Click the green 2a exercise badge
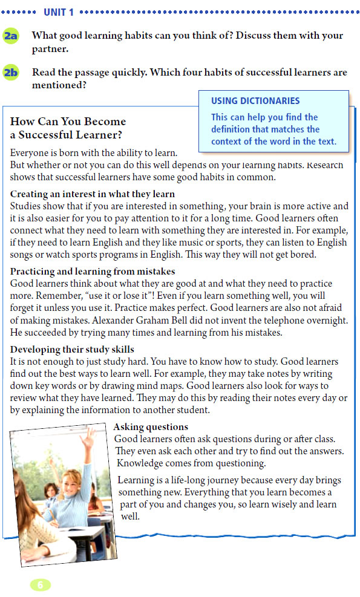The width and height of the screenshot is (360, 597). (x=11, y=36)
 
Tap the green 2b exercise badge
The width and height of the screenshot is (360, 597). (x=11, y=73)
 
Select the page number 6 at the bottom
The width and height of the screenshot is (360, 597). (x=40, y=584)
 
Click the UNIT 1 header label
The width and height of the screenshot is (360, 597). (x=59, y=11)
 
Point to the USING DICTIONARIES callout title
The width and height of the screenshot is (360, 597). (x=255, y=101)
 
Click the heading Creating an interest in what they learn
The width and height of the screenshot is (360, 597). (x=93, y=194)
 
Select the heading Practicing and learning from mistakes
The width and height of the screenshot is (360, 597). (x=93, y=272)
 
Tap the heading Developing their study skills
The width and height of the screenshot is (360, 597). (x=72, y=350)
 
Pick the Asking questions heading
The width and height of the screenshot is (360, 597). (x=151, y=427)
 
